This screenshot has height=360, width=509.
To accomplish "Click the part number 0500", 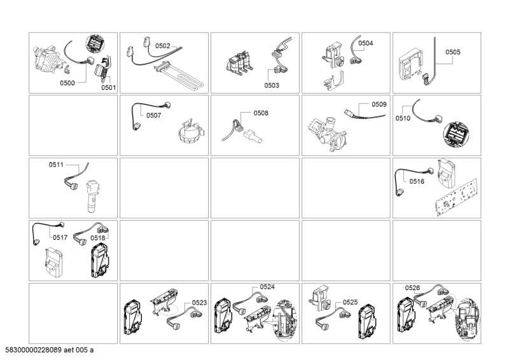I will tap(67, 83).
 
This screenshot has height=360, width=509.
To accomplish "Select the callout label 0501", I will tap(108, 88).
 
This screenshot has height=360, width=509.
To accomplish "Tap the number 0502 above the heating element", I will tap(163, 46).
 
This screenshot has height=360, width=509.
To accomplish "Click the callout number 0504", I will tap(366, 43).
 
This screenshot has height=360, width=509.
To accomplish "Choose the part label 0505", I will tap(452, 52).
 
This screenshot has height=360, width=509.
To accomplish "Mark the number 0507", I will tap(153, 116).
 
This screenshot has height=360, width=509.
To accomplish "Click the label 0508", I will tap(261, 113).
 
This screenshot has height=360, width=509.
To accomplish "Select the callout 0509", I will tap(379, 104).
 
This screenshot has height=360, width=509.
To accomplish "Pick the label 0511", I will tap(57, 165).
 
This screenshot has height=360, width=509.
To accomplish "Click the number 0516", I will tap(417, 181).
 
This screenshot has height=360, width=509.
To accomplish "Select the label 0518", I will tap(98, 237).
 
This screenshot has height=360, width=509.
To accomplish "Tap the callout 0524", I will tap(267, 287).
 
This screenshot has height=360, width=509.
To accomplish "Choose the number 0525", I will tap(350, 302).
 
